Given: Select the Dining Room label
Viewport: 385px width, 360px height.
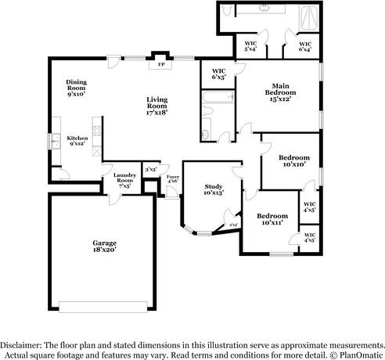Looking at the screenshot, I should (77, 86).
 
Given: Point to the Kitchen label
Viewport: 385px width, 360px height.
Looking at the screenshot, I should (77, 141).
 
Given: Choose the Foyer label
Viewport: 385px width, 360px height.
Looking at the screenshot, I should (173, 179).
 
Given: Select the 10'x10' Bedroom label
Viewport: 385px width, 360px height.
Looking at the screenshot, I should (293, 161).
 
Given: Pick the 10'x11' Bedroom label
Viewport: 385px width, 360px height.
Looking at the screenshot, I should (272, 219).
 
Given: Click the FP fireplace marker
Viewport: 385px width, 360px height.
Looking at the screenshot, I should (161, 64).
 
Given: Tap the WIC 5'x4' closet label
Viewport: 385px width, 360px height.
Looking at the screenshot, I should (251, 46).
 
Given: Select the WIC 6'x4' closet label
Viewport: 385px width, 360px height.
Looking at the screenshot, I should (304, 46).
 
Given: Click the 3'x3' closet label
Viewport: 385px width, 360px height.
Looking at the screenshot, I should (151, 169).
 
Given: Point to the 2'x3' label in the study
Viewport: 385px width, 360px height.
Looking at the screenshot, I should (233, 225).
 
